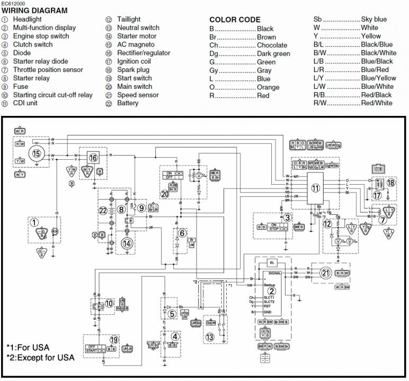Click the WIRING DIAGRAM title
coord(34,11)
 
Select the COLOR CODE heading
coord(235,20)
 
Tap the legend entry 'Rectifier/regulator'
coord(144,53)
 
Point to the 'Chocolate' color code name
coord(272,46)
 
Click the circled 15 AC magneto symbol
coord(36,153)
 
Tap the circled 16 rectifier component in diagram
coord(93,157)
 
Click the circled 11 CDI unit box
coord(315,188)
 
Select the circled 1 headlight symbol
coord(34,223)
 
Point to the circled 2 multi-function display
coord(271,290)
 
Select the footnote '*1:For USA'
coord(28,347)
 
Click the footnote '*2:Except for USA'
coord(40,358)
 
